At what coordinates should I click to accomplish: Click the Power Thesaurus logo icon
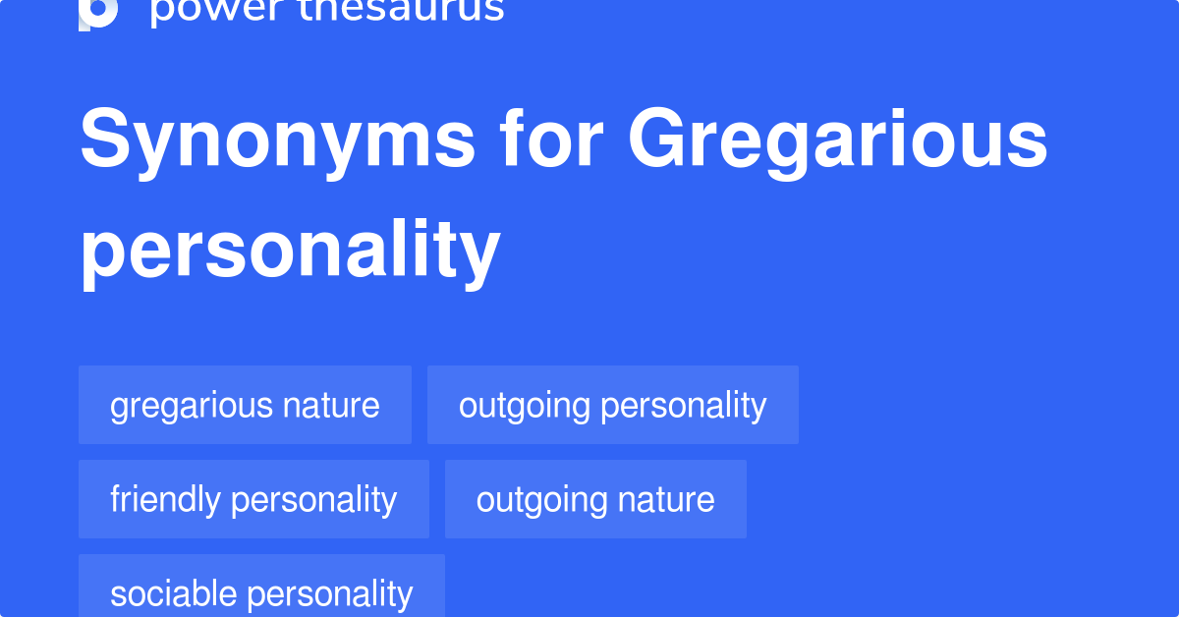coord(98,12)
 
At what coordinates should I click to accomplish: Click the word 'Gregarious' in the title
coord(838,140)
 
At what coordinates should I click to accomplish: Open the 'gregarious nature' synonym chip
coord(245,405)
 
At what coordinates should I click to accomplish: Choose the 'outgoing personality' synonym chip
coord(612,405)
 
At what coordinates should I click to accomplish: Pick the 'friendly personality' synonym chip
coord(253,499)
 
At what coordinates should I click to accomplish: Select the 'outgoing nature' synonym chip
coord(595,499)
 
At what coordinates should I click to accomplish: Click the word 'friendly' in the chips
coord(165,499)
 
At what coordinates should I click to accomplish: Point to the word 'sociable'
coord(173,592)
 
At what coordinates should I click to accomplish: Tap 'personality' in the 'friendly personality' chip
coord(313,499)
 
